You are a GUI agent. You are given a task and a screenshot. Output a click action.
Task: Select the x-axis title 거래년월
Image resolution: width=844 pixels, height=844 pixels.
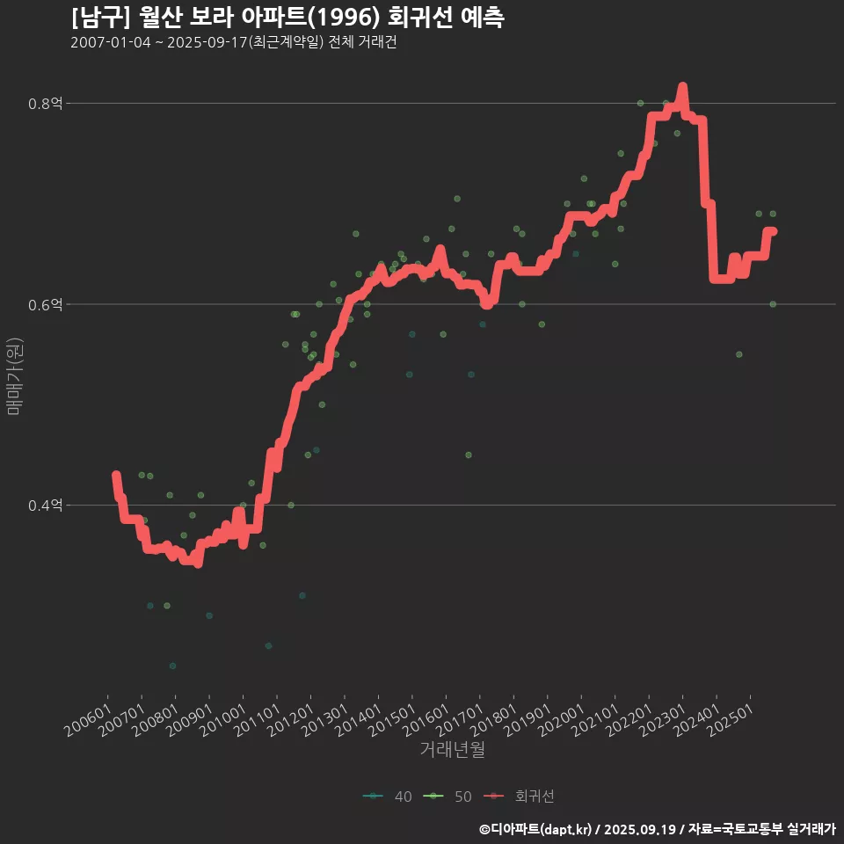coord(452,750)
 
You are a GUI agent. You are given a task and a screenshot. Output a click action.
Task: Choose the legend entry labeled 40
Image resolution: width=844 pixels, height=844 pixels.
coord(388,797)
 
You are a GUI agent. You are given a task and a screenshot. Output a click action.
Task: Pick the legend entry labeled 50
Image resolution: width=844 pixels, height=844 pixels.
coord(448,797)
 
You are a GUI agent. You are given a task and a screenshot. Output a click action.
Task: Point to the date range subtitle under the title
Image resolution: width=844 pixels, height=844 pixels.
coord(233,43)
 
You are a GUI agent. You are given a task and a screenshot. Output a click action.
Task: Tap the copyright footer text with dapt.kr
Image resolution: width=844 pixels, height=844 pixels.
coord(657,829)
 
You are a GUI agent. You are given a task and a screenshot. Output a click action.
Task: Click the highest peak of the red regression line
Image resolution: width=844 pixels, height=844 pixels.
coord(682,87)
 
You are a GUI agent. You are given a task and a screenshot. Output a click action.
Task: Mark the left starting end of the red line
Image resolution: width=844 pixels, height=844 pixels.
coord(115,476)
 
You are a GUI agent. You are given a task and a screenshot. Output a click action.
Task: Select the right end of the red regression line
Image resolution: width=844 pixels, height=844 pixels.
coord(773,231)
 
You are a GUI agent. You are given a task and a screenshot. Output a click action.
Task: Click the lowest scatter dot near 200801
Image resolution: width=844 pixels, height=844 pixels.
coord(172,666)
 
